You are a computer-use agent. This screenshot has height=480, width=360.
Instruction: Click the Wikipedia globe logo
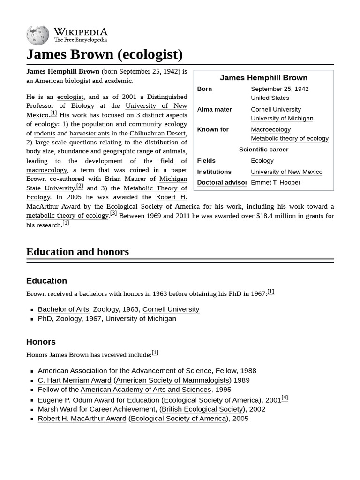(37, 35)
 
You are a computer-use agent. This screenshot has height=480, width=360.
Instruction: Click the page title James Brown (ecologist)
(104, 54)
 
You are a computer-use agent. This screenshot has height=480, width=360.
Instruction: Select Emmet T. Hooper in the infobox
(275, 182)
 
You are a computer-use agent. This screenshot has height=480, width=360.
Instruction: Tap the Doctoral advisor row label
(222, 182)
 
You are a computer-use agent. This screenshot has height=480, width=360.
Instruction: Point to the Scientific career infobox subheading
(263, 150)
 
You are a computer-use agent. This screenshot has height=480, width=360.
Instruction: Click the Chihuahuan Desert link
(157, 133)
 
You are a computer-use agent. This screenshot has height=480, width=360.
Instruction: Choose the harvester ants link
(89, 133)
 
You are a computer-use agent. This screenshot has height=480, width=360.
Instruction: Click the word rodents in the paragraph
(45, 133)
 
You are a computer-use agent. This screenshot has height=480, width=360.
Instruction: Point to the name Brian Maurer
(125, 179)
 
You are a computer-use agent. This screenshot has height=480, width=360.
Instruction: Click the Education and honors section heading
(77, 252)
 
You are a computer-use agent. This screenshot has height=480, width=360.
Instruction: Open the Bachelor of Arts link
(63, 309)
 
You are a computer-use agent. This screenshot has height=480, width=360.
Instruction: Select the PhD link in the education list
(45, 319)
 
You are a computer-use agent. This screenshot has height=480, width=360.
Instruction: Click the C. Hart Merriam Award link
(74, 380)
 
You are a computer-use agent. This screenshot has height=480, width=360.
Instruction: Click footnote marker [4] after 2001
(285, 397)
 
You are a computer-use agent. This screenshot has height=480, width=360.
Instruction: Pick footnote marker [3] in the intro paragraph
(113, 213)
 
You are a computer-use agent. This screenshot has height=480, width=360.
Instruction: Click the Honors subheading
(41, 342)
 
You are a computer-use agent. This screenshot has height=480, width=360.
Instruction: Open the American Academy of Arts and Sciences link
(145, 390)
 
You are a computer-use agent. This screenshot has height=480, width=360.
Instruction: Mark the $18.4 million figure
(278, 216)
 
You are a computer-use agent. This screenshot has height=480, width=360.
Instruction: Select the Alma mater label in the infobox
(214, 109)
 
